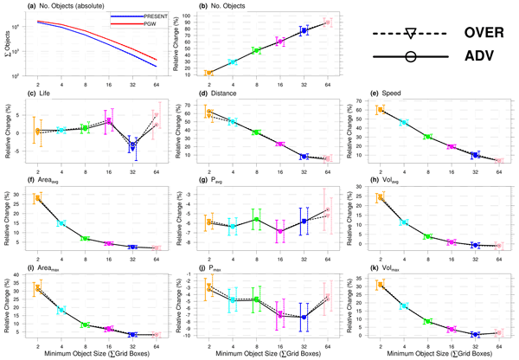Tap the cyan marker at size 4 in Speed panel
click(x=404, y=123)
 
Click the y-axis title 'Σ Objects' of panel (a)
click(x=6, y=46)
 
